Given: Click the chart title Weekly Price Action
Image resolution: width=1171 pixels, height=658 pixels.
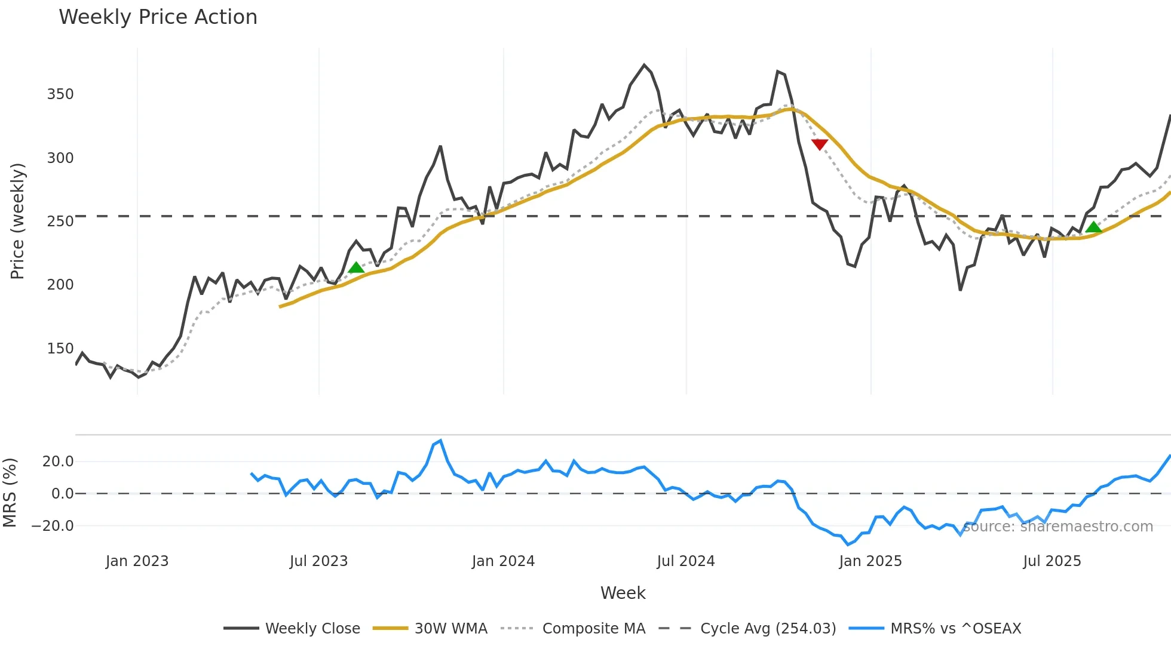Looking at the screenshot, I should tap(158, 17).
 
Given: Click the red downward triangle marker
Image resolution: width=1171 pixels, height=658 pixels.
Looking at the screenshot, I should tap(820, 144).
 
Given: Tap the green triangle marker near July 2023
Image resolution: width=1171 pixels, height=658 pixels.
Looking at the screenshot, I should tap(356, 267).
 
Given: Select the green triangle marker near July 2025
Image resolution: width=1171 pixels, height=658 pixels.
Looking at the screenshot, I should tap(1093, 227).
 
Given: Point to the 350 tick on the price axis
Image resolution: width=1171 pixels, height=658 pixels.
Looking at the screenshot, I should tap(60, 94).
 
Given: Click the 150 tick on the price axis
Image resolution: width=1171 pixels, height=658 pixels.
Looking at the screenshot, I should tap(60, 349).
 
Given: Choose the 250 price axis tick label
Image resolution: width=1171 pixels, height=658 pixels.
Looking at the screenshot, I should tap(60, 222).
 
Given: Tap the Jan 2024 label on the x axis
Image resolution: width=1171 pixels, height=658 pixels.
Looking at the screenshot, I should tap(503, 561).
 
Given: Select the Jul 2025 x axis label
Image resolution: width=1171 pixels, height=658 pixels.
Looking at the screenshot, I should tap(1052, 561).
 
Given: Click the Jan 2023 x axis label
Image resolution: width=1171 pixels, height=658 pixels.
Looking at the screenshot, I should tap(137, 561).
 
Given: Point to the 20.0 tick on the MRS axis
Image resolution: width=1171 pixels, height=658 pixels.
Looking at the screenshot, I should tap(58, 462).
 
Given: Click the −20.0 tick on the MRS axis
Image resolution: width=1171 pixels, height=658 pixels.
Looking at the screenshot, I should tap(53, 526).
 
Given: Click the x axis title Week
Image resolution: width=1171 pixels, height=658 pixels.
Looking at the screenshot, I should tap(623, 593).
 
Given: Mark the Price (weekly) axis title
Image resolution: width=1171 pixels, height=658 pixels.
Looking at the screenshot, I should tap(17, 221).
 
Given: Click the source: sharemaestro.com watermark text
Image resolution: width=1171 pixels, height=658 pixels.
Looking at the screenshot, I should tap(1058, 527).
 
